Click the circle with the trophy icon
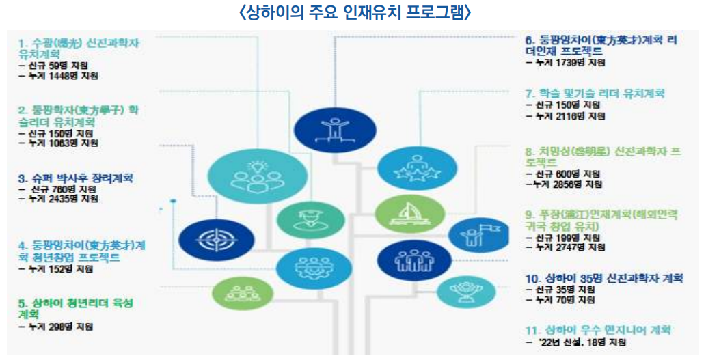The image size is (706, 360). [466, 292]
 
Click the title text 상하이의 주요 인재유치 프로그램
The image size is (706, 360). [355, 12]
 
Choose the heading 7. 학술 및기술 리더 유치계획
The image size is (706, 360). [595, 94]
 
